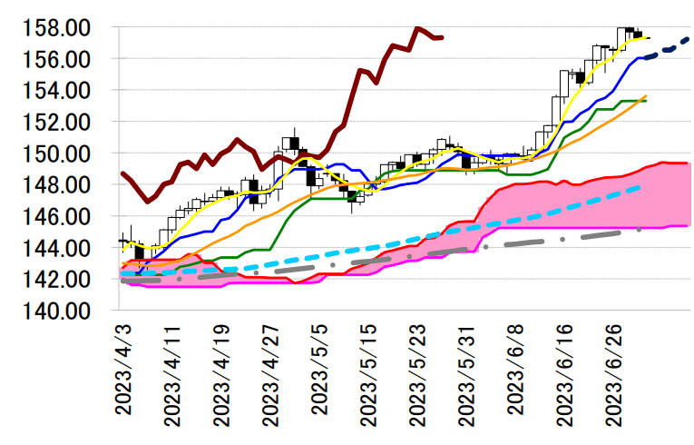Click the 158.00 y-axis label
coord(57,27)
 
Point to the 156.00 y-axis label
coord(57,59)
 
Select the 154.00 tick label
coord(57,91)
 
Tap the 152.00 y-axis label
coord(57,122)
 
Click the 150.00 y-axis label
coord(57,153)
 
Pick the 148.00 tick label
coord(57,185)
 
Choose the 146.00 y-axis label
coord(57,216)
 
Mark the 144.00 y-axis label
coord(57,248)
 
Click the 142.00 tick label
coord(57,280)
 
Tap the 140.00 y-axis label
coord(57,311)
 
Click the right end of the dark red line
coord(442,37)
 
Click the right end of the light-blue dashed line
coord(641,187)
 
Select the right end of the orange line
coord(645,96)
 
